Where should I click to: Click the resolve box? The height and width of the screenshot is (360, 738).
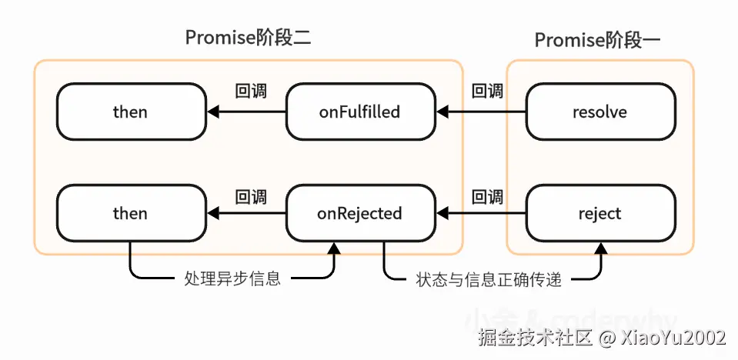coord(600,112)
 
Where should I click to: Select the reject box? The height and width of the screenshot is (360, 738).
coord(600,213)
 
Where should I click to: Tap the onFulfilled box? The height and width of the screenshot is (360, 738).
coord(359,112)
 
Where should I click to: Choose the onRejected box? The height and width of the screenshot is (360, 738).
coord(359,213)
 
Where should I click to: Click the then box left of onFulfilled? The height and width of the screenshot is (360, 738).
coord(130,112)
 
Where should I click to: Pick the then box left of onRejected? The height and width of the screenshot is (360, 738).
coord(130,213)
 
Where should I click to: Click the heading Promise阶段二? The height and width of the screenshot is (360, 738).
coord(248,38)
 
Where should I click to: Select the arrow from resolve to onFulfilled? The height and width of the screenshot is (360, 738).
coord(480,112)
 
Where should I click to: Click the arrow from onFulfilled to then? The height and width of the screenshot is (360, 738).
coord(246,112)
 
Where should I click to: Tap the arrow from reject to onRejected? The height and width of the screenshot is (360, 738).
coord(480,213)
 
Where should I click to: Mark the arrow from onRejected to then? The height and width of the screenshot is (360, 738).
coord(246,213)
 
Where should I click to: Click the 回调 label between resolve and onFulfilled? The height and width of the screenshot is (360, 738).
coord(487,92)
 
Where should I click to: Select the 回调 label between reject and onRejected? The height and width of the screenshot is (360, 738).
coord(487,196)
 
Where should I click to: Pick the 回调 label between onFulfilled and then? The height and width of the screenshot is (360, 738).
coord(250,92)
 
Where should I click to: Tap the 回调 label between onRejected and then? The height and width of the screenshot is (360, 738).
coord(250,196)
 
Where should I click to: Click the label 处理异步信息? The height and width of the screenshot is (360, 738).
coord(232,278)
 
